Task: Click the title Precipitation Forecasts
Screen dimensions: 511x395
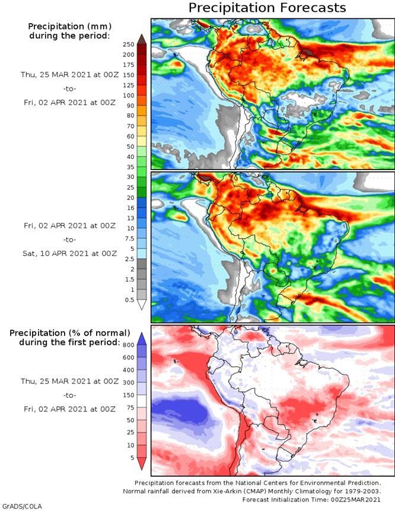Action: (267, 8)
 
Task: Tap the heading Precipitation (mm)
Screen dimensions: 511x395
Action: (69, 26)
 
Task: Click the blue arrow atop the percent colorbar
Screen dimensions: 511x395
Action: (141, 337)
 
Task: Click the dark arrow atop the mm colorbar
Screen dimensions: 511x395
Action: (141, 39)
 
